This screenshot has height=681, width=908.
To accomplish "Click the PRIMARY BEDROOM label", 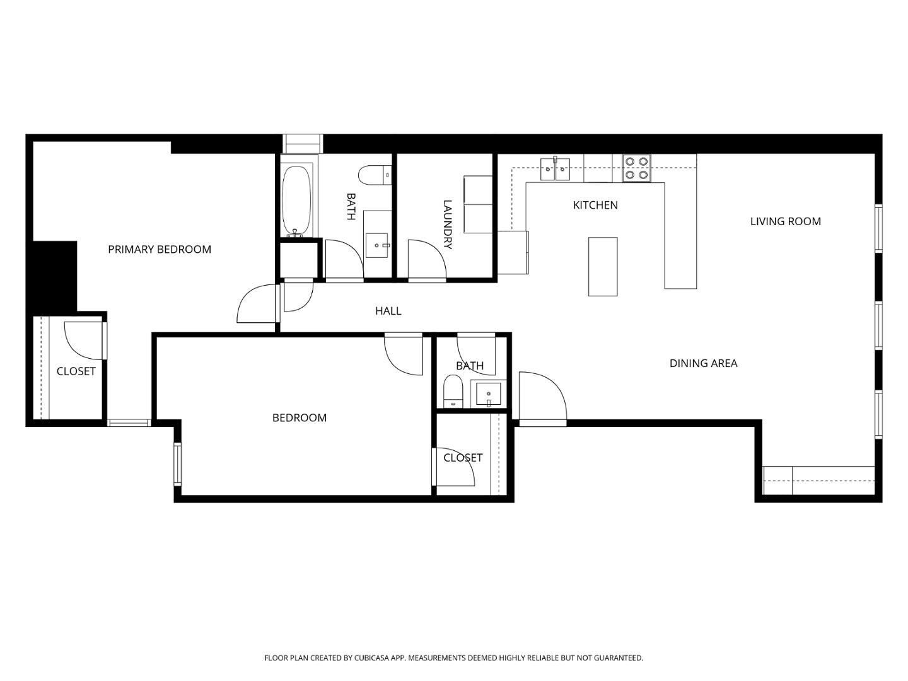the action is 160,249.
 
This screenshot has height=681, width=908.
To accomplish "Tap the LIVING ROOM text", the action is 785,221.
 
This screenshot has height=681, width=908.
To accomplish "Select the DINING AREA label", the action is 703,363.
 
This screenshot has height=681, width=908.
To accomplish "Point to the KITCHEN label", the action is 595,205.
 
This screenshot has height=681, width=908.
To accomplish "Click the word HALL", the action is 388,311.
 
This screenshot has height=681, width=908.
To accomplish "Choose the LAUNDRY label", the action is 448,224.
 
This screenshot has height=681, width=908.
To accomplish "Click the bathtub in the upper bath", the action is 296,201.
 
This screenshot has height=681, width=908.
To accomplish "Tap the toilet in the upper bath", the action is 375,175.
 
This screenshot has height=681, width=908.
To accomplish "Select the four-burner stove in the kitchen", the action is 636,168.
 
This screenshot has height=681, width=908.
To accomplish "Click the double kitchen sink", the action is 555,169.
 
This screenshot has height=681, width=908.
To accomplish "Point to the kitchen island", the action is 603,267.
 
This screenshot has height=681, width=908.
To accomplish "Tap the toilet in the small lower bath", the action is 453,391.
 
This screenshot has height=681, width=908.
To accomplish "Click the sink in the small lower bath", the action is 489,394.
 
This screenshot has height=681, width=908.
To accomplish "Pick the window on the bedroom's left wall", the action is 177,463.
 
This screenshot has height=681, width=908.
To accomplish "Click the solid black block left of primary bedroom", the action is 52,276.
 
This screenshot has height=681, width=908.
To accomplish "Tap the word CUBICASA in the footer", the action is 371,658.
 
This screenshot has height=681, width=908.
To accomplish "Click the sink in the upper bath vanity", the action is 377,245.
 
